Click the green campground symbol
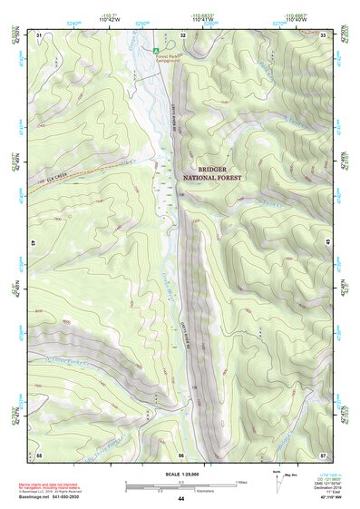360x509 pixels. (x=156, y=49)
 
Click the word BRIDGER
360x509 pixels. (x=221, y=170)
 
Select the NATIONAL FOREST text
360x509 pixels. (x=221, y=180)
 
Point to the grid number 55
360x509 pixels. (x=39, y=454)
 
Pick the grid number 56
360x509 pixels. (x=181, y=454)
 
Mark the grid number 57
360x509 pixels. (x=324, y=454)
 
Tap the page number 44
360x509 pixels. (x=181, y=499)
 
